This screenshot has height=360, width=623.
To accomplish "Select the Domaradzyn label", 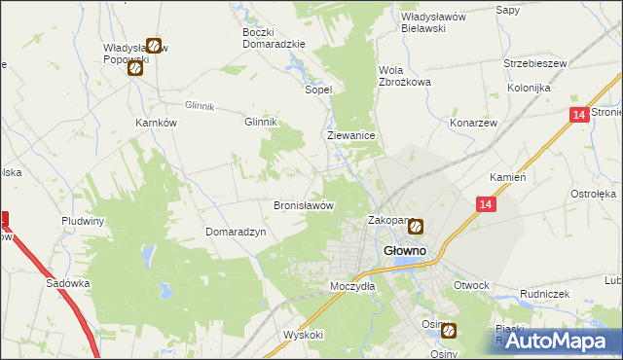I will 236,232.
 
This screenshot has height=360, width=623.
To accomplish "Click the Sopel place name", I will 319,89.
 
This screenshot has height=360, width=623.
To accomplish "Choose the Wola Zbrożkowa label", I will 404,76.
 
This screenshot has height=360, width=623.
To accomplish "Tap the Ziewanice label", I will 351,137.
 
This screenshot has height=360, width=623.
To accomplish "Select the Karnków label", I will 156,124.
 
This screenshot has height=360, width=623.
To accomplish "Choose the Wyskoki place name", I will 304,334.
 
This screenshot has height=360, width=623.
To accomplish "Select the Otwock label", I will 471,285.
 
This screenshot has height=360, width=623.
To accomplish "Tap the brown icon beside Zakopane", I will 416,228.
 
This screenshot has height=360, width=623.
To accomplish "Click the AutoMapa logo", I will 558,341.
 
